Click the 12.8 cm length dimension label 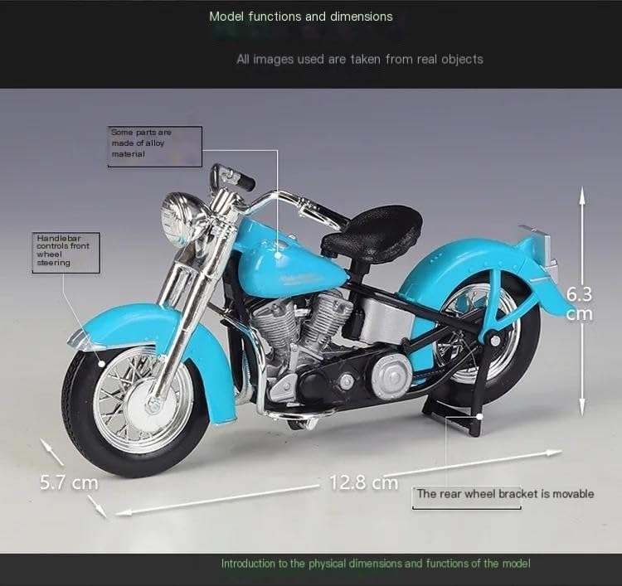tap(364, 482)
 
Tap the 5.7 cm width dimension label tap(69, 482)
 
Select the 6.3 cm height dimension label tap(579, 303)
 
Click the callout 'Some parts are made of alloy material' tap(155, 147)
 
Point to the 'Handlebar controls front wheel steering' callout tap(66, 253)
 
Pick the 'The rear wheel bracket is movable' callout tap(505, 494)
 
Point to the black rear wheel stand tap(456, 416)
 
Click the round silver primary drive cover tap(391, 375)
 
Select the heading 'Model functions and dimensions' tap(301, 17)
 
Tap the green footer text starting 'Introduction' tap(375, 564)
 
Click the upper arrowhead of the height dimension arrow tap(582, 195)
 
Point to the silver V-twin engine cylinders tap(302, 321)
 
